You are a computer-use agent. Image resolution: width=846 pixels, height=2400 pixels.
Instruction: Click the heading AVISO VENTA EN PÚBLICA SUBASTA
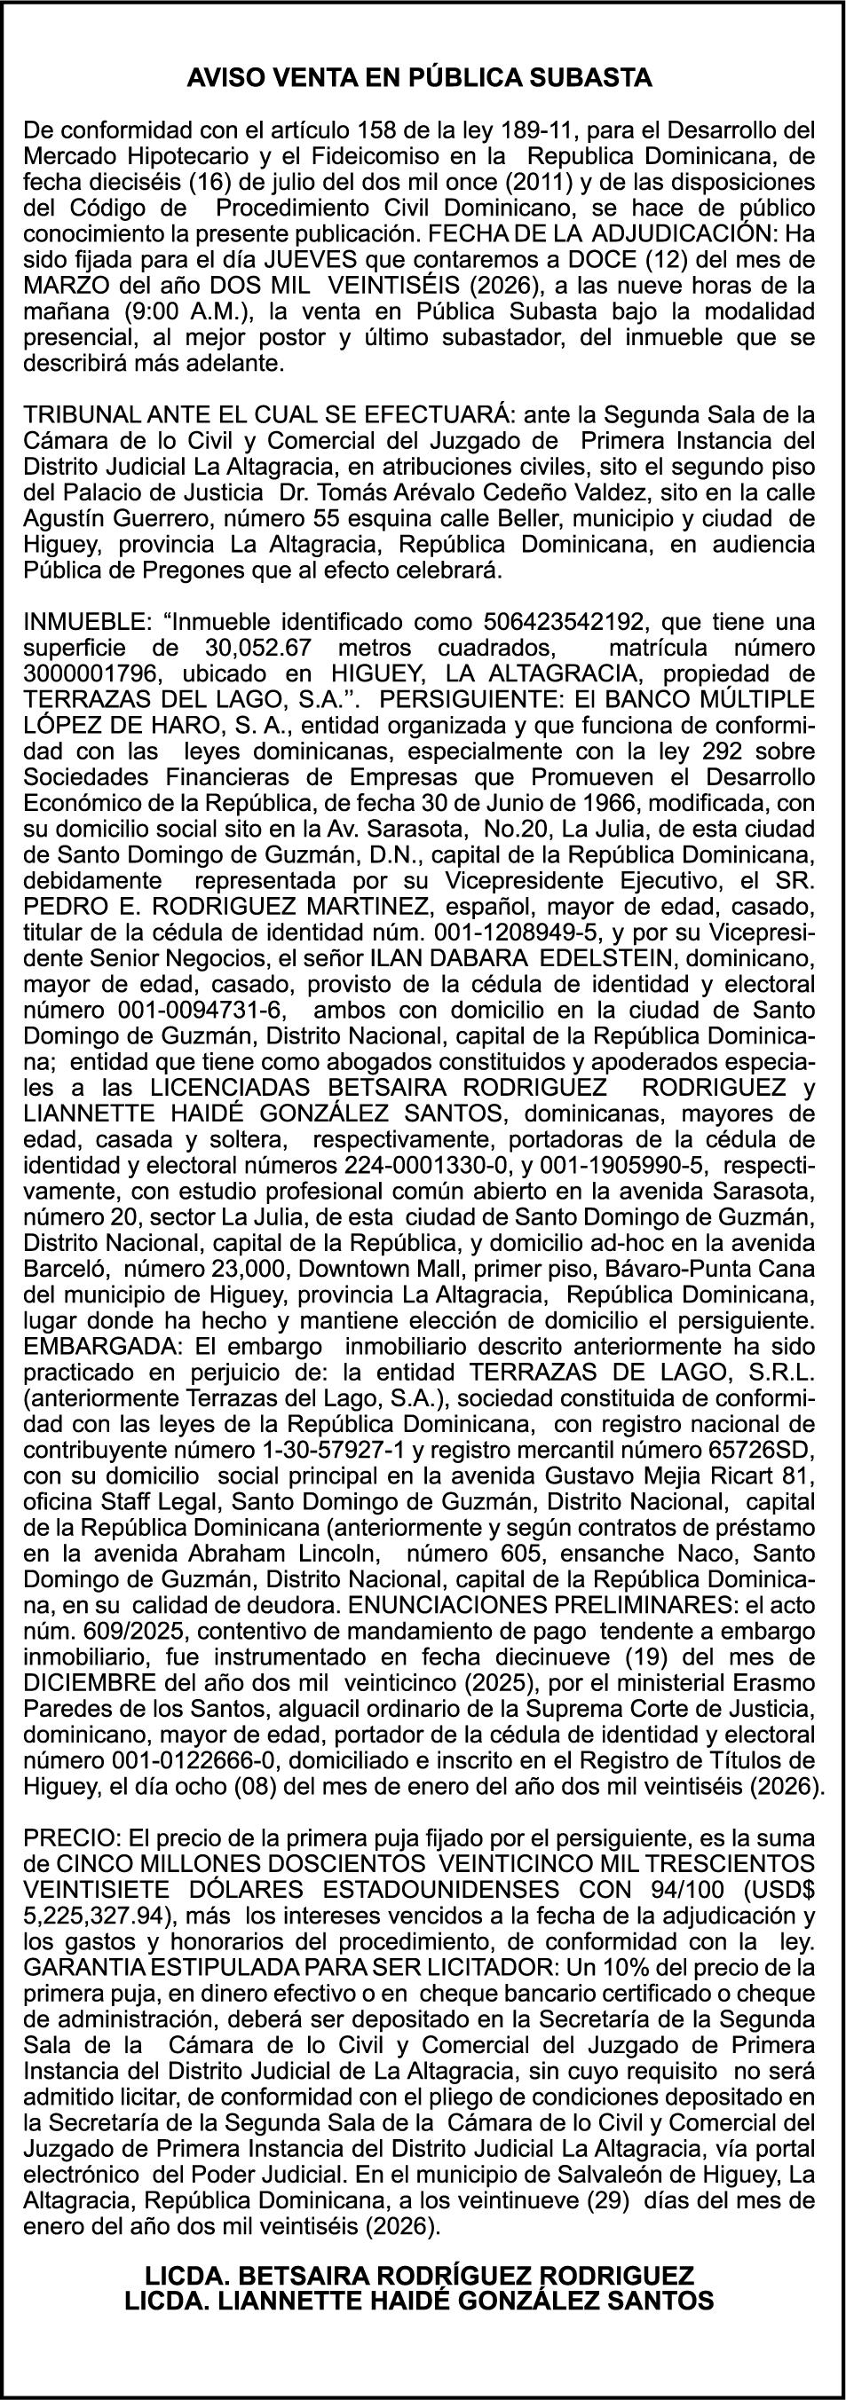point(420,78)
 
